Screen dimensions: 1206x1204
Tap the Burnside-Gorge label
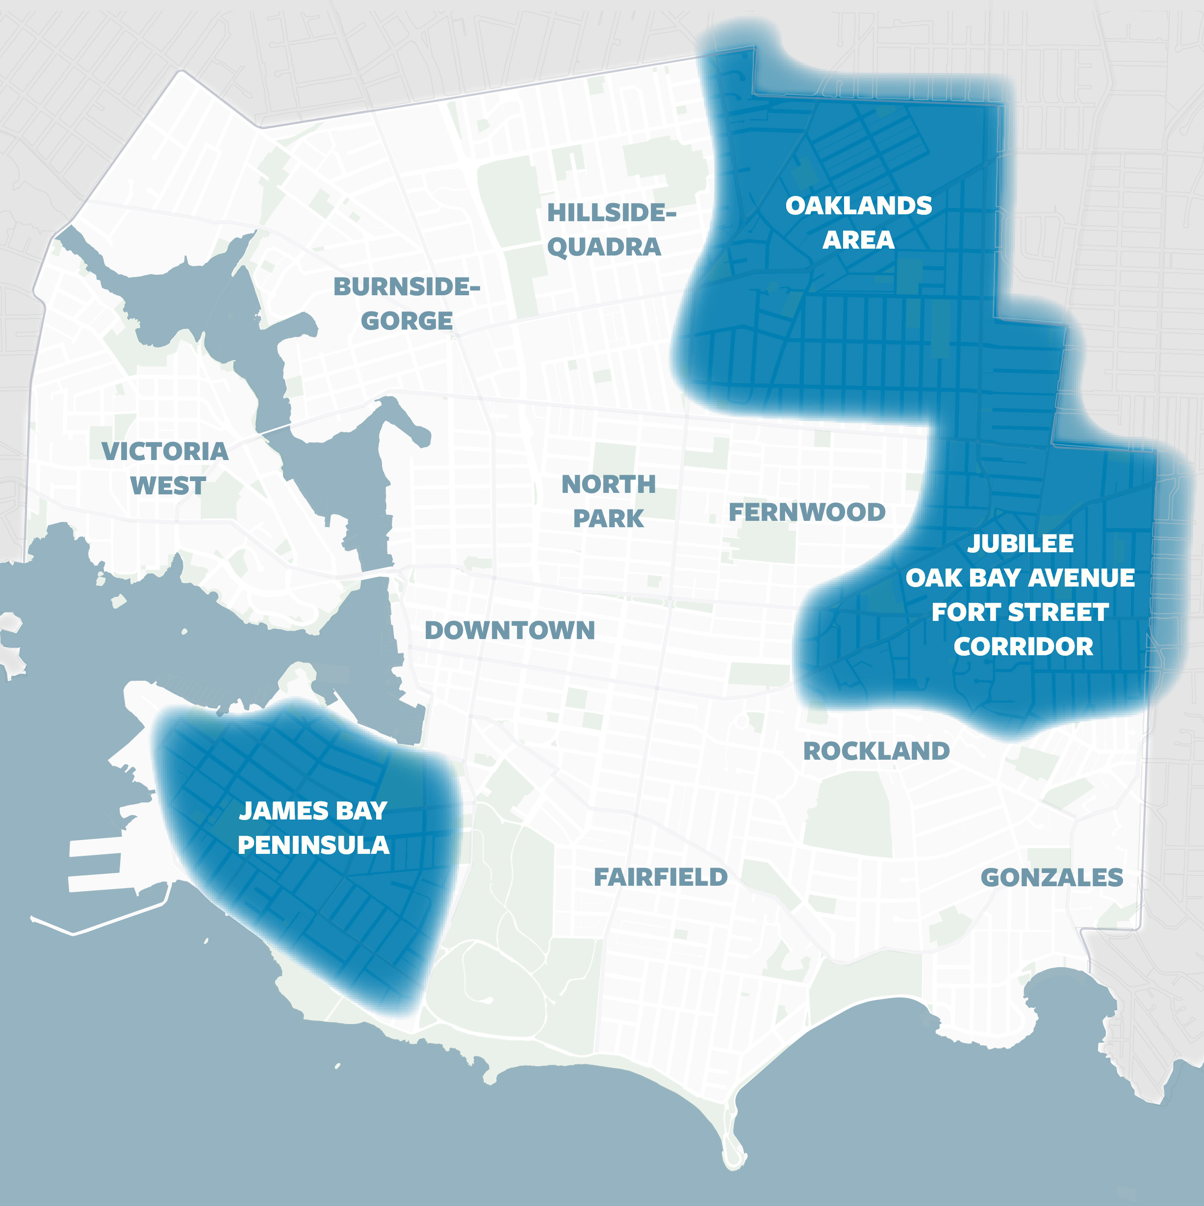pos(407,304)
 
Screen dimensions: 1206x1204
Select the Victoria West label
pos(165,468)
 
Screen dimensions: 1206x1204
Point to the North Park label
pos(609,501)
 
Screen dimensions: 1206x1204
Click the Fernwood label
pos(807,513)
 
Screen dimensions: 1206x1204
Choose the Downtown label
pos(510,631)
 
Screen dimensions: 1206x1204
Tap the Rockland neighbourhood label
pos(876,751)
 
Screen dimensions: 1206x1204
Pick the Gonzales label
pos(1051,878)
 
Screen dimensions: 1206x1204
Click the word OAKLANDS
pos(858,206)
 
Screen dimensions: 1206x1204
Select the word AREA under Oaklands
pos(858,240)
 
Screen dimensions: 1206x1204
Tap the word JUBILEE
pos(1021,544)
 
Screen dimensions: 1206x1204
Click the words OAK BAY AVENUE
pos(1021,578)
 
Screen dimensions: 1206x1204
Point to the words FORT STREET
pos(1021,613)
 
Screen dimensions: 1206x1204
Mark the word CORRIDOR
pos(1023,647)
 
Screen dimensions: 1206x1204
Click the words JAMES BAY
pos(313,811)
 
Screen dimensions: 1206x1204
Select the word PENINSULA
pos(313,845)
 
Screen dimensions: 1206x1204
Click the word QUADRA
pos(604,247)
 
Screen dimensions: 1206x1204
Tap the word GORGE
pos(407,321)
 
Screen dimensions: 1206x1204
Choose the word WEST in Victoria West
pos(168,486)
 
